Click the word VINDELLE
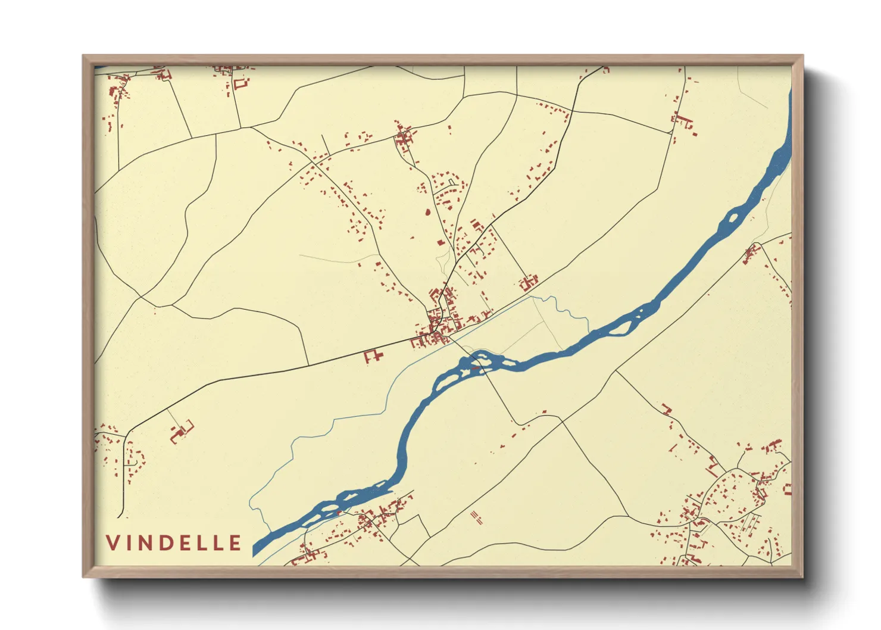[x=174, y=542]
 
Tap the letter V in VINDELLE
[x=113, y=542]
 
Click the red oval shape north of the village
[x=427, y=211]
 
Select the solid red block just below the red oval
[x=440, y=242]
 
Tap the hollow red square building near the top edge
[x=240, y=83]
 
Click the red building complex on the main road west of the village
[x=373, y=356]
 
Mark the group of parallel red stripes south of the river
[x=476, y=516]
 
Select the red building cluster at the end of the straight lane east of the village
[x=529, y=282]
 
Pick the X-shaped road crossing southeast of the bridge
[x=562, y=421]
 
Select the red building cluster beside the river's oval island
[x=751, y=253]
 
